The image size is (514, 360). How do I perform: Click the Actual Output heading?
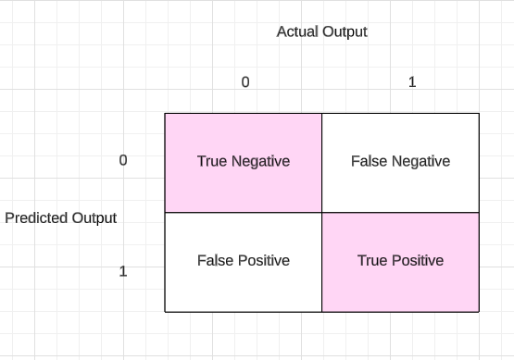point(321,32)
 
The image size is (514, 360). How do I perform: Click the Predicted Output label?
point(60,218)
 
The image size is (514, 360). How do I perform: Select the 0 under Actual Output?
point(245,81)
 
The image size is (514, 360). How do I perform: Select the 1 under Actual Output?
point(412,81)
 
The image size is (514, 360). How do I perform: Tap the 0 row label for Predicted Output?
point(123,160)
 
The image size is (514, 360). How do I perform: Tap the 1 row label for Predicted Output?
point(123,271)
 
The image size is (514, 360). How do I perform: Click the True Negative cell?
point(244,163)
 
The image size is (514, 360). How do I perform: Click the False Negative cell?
point(400,163)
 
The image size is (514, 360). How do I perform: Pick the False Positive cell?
point(244,262)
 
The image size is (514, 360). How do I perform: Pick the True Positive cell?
point(400,262)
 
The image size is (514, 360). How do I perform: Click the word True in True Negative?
point(212,161)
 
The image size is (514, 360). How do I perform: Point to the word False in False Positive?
point(216,261)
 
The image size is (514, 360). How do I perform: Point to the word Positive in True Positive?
point(418,261)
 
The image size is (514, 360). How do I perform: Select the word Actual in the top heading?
point(297,31)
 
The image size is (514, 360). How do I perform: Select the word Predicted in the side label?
point(36,218)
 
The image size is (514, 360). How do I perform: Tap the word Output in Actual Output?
point(345,32)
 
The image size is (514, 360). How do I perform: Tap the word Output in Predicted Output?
point(94,218)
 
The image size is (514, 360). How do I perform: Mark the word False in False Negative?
point(370,161)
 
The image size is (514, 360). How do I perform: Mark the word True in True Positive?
point(372,261)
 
